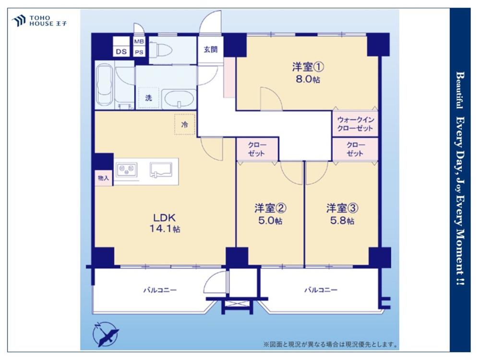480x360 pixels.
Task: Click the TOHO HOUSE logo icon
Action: [x=18, y=21]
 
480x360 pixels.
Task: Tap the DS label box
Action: [x=121, y=51]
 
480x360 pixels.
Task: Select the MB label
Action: [x=139, y=41]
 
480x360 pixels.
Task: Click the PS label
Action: [x=139, y=52]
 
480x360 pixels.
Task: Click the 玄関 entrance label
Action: [x=211, y=49]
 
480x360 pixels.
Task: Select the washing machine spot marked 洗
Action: [x=148, y=98]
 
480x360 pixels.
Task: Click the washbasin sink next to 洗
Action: [x=179, y=99]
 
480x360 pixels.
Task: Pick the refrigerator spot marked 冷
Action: [x=185, y=124]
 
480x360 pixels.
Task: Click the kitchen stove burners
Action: [x=127, y=169]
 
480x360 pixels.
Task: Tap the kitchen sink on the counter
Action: [x=160, y=170]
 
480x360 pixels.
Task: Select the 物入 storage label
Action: [x=104, y=178]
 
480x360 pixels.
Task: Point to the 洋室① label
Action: [x=308, y=67]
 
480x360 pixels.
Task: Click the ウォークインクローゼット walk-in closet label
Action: [x=355, y=124]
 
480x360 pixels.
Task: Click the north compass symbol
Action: [x=105, y=334]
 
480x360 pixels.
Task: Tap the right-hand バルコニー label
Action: [x=321, y=289]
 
